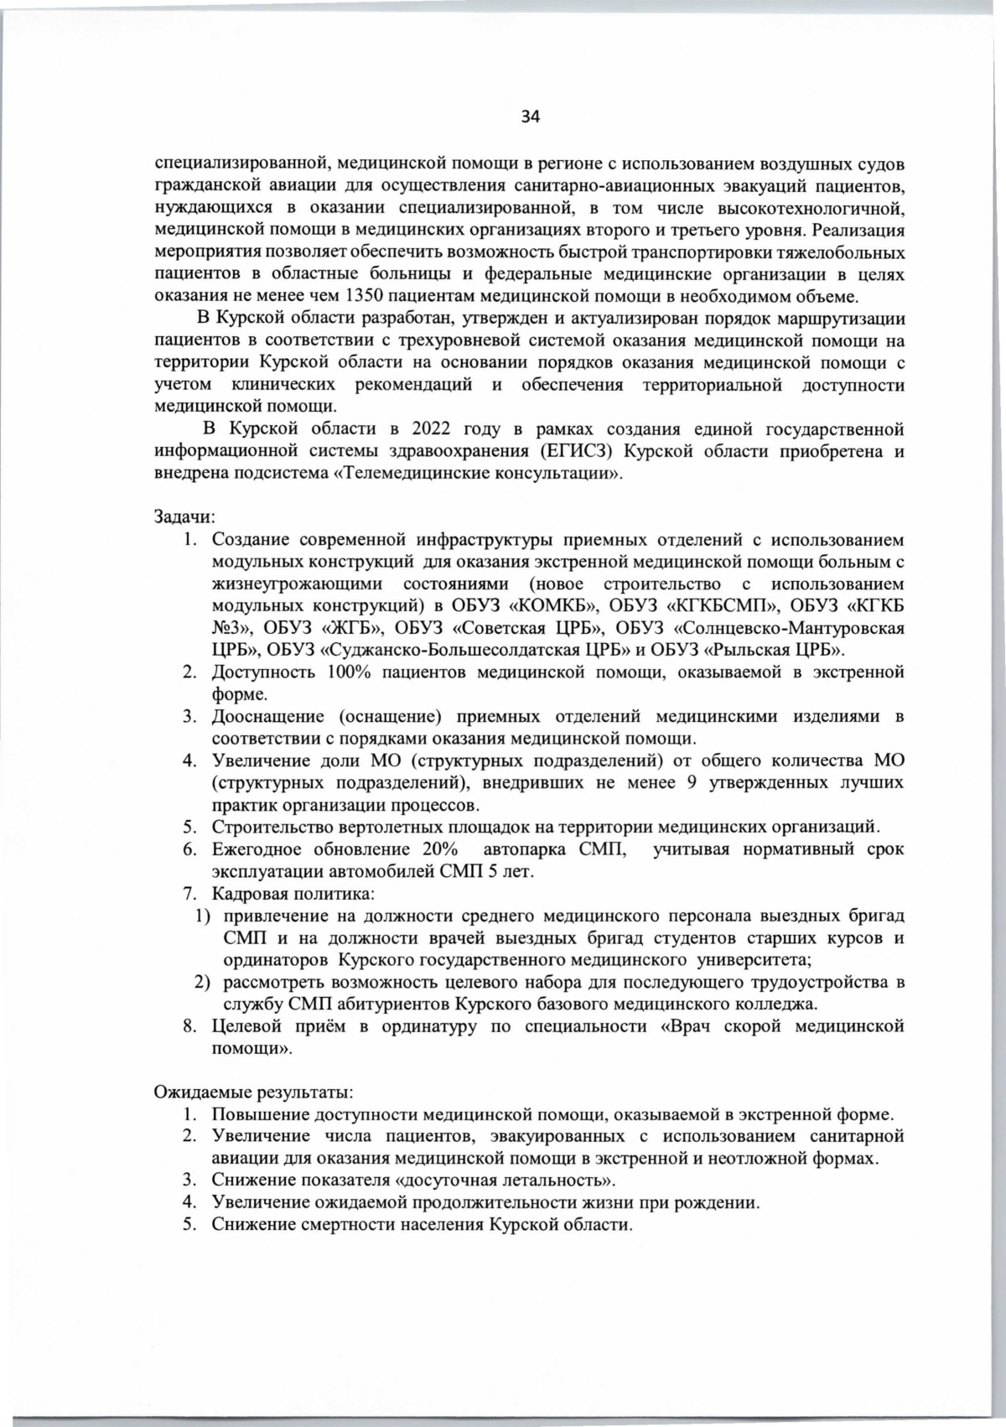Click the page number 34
tap(531, 117)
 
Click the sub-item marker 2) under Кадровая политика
tap(202, 982)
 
